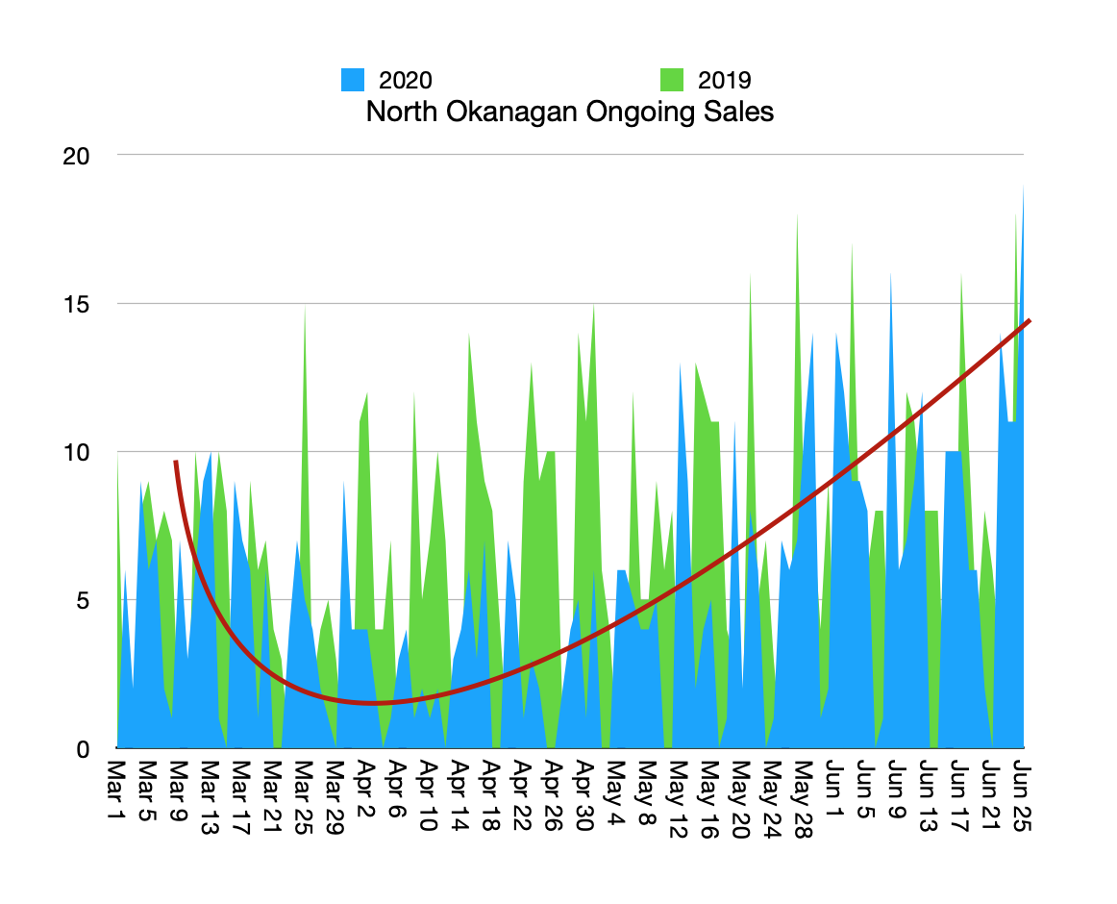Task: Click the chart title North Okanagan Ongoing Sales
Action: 569,112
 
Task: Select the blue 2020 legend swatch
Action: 353,80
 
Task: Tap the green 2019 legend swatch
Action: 672,80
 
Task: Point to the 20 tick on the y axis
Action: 76,156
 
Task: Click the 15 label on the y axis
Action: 76,305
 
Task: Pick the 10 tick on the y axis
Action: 76,453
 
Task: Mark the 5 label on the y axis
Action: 83,601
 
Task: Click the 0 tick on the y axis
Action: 83,749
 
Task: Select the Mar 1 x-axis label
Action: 116,790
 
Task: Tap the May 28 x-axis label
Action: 804,799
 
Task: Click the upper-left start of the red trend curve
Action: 175,462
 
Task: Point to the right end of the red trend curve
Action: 1030,321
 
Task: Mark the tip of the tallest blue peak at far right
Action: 1024,186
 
